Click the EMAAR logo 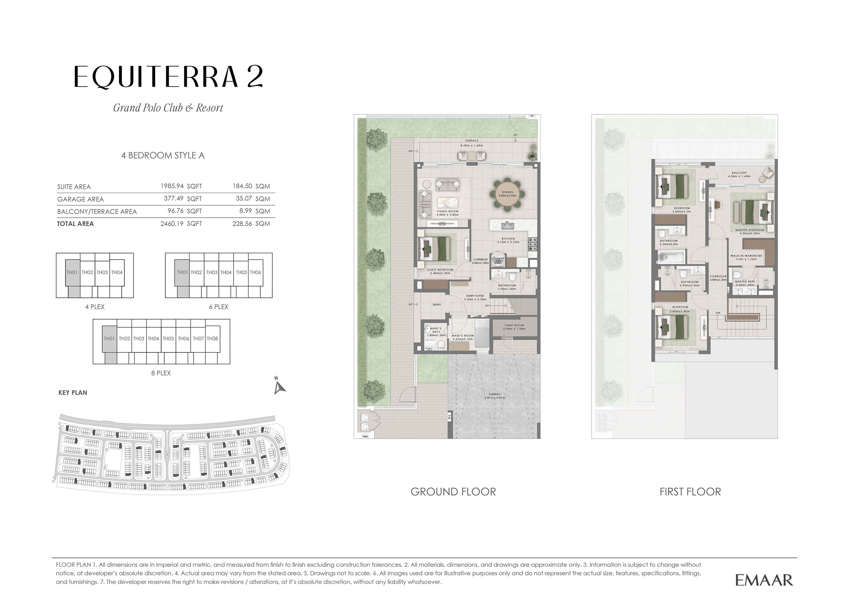pos(764,580)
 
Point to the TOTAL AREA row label pos(75,224)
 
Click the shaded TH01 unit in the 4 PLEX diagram pos(72,273)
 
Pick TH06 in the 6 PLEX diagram pos(255,273)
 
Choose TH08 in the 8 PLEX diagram pos(212,339)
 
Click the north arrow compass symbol pos(279,386)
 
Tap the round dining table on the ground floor pos(507,194)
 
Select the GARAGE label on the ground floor pos(495,394)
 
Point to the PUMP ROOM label pos(514,326)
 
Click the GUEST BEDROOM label pos(440,270)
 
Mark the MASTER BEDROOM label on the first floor pos(749,230)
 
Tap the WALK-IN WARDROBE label pos(746,256)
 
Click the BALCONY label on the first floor pos(739,173)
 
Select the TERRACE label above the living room pos(472,141)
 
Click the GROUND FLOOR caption pos(453,492)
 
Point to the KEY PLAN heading pos(73,393)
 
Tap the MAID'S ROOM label pos(462,336)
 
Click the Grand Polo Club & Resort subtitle pos(168,108)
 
